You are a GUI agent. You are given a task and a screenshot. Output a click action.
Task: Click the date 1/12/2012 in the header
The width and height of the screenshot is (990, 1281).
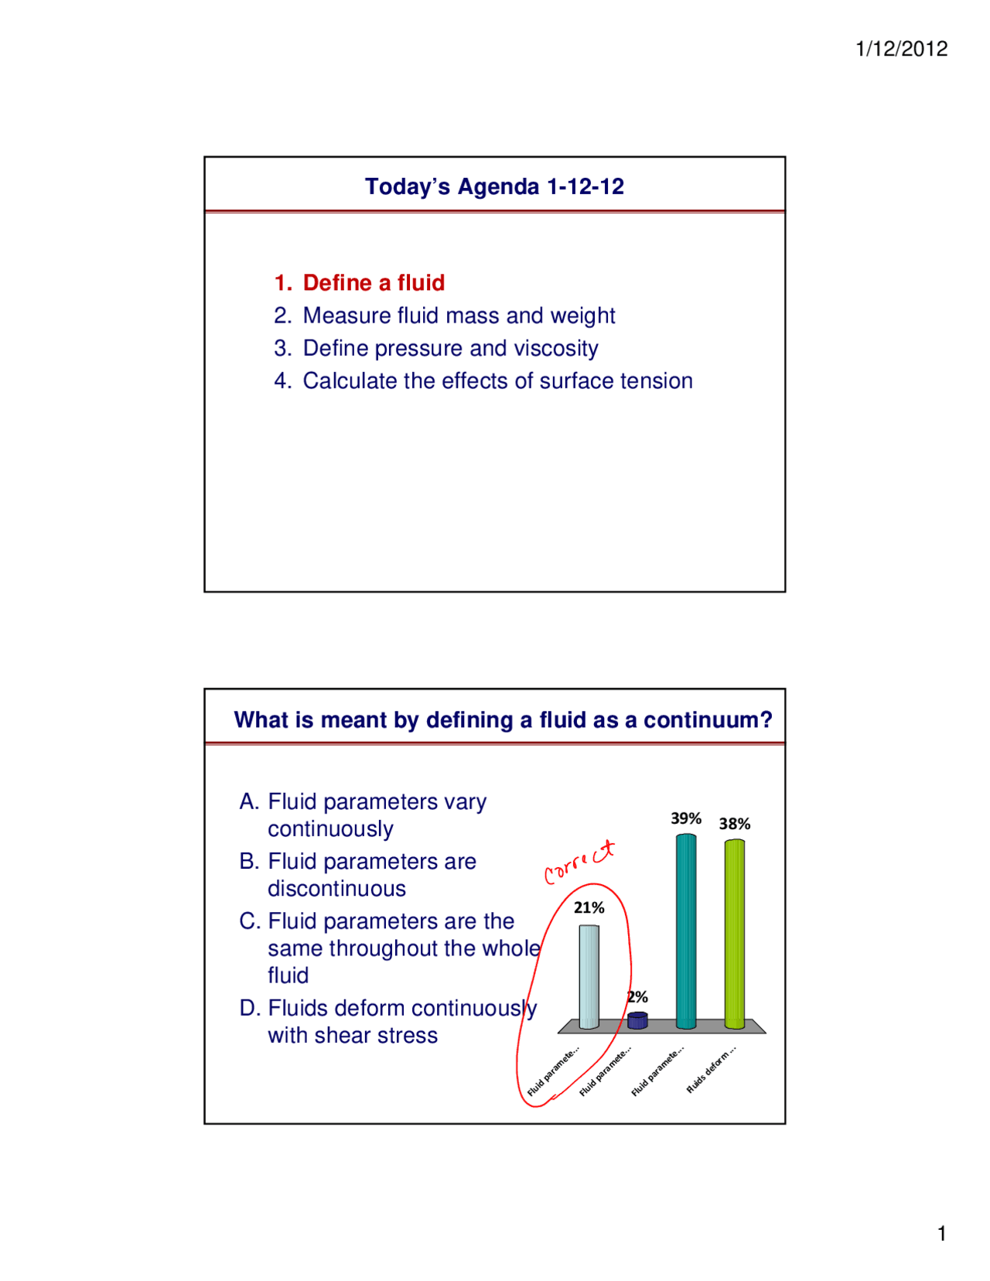coord(901,49)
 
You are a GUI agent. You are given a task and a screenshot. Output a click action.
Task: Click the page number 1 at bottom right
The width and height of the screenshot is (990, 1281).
coord(941,1234)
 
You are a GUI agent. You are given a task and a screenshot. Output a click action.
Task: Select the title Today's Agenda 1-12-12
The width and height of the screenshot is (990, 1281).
coord(494,186)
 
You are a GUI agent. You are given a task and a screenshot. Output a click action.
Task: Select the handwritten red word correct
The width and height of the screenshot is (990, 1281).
coord(579,862)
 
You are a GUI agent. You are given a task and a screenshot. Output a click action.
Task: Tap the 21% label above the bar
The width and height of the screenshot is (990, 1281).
coord(589,907)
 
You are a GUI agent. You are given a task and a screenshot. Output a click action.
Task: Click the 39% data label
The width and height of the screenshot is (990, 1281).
coord(686,818)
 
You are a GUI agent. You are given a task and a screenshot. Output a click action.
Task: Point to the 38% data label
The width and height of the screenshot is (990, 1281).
coord(734,824)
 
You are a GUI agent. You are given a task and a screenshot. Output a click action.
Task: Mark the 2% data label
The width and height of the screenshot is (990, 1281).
coord(638,997)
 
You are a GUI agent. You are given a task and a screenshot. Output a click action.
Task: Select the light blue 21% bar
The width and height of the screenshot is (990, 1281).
coord(589,976)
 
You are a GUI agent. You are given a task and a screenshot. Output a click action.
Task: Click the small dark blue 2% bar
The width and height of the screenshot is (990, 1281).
coord(637,1020)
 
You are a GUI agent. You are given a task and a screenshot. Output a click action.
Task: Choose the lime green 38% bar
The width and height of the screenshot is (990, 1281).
coord(734,934)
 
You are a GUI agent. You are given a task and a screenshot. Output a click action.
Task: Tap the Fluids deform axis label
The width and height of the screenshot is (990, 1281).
coord(712,1070)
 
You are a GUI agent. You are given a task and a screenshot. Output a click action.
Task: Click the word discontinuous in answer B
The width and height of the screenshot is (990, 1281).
coord(336,889)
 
